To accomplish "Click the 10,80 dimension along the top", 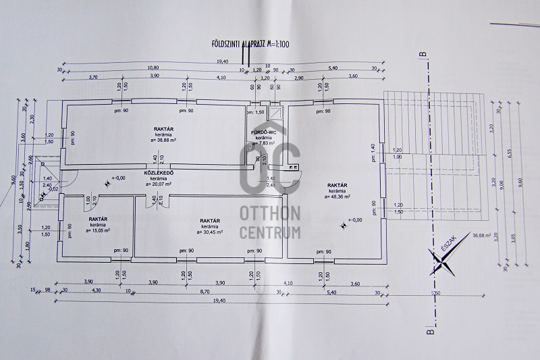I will click(153, 68).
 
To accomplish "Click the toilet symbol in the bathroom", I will click(251, 146).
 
